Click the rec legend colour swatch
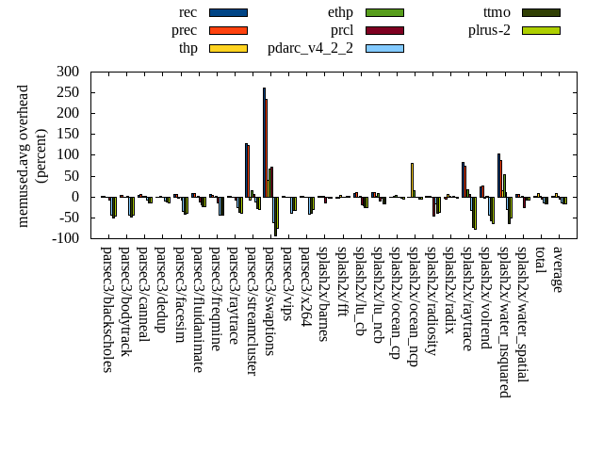(228, 12)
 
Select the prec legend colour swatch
(228, 30)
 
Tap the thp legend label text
(188, 48)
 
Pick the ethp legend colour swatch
(384, 12)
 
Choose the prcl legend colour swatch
(384, 30)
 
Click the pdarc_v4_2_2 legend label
(310, 48)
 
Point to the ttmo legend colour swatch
(541, 12)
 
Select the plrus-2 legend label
(489, 30)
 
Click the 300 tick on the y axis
(67, 72)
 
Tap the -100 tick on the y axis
(65, 238)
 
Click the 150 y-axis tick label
(67, 134)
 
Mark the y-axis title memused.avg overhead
(24, 155)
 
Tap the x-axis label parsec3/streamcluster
(252, 311)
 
